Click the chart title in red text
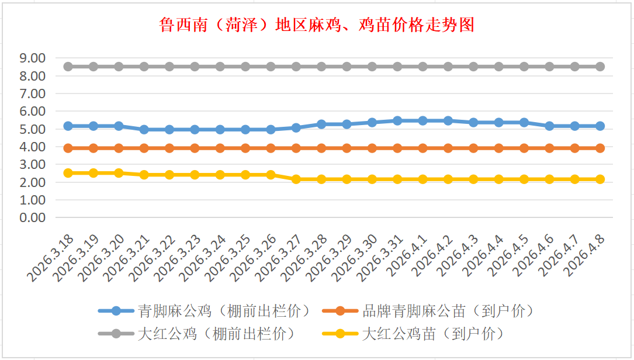click(x=316, y=25)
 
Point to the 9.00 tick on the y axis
click(x=32, y=58)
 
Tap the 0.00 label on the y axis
click(x=32, y=217)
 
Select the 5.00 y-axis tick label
click(x=32, y=129)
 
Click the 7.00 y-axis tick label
click(x=32, y=94)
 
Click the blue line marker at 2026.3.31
click(x=397, y=120)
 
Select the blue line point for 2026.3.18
click(x=68, y=126)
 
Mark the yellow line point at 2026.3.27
click(x=296, y=179)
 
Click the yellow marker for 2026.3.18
click(x=68, y=173)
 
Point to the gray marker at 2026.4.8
click(x=600, y=67)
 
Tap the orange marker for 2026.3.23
click(x=195, y=148)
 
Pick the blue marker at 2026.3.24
click(x=220, y=129)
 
